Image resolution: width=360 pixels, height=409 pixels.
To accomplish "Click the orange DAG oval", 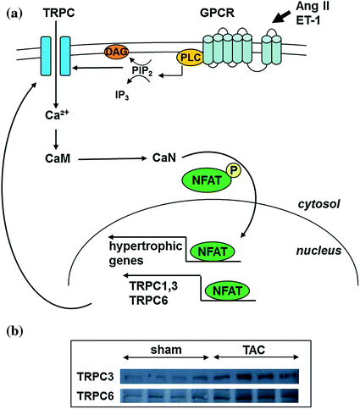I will (x=116, y=53).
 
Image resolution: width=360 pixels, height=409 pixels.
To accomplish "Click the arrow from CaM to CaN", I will (x=111, y=158).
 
